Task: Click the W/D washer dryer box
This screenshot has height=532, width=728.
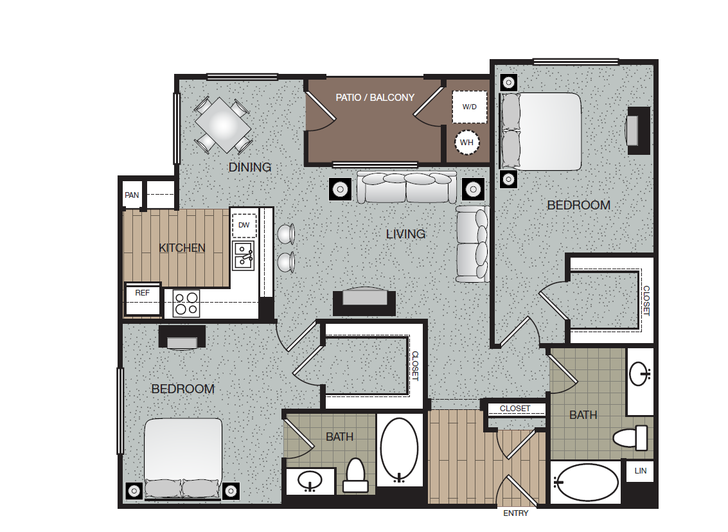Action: pos(469,107)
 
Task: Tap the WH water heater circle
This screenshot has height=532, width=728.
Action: pos(467,142)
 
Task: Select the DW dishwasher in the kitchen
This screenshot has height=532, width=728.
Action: pos(244,225)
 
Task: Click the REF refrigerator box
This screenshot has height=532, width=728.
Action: pos(142,293)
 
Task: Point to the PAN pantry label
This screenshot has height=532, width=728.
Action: pos(132,195)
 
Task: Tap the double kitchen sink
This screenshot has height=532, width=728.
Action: pos(244,255)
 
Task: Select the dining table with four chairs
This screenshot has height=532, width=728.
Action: pos(222,125)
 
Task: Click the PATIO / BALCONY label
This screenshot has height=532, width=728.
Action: pos(375,98)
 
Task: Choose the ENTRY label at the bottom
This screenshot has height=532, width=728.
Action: pos(515,513)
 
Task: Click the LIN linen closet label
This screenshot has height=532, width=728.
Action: pos(639,471)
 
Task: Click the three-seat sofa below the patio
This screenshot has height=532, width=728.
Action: pos(405,187)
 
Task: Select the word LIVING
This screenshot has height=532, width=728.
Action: pos(405,235)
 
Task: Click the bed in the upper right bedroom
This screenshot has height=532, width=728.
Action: pos(542,132)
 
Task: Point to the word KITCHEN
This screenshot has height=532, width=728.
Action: pos(182,248)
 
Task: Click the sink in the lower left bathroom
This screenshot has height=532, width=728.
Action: pos(310,481)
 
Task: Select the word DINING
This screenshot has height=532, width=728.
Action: pos(250,168)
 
